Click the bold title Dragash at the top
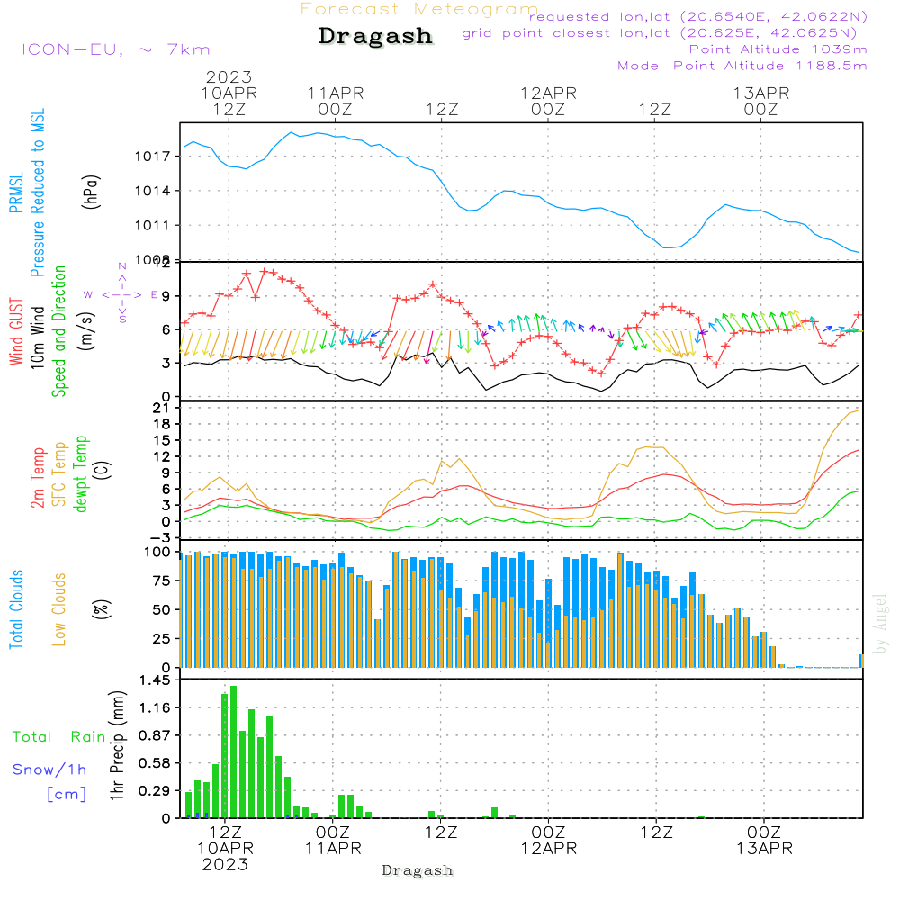375,37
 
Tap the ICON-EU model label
115,49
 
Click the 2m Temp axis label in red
37,477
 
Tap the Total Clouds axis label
16,609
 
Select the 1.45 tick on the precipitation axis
154,680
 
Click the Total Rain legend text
58,737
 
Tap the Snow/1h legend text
50,769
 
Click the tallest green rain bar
233,751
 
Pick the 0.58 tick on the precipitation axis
154,763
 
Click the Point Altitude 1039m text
778,49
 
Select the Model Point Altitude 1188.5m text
742,66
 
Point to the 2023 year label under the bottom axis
225,864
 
